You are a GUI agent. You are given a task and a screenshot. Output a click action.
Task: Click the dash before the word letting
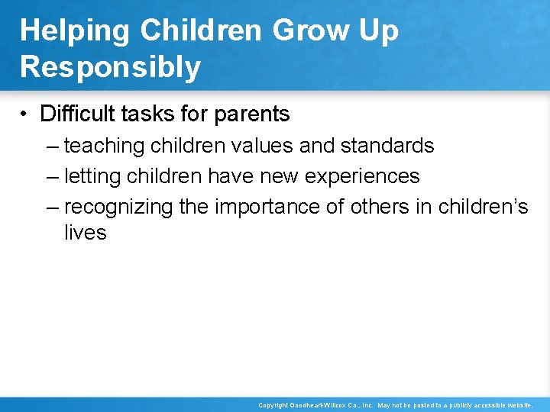[51, 177]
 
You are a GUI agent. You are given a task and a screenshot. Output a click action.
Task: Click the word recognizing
[118, 208]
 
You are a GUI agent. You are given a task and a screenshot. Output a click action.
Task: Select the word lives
[85, 233]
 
